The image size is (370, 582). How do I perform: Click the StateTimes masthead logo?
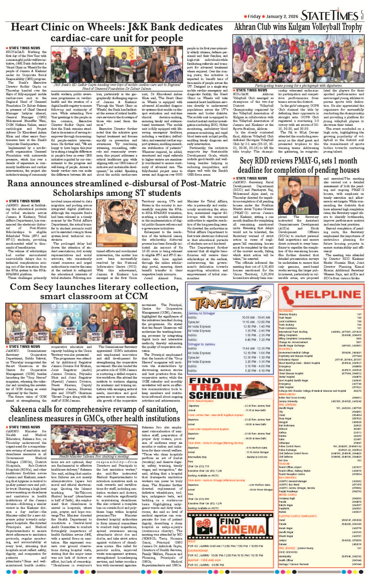[x=330, y=15]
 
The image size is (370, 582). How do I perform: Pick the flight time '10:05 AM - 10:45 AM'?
[x=256, y=317]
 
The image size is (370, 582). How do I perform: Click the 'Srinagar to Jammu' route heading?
[x=201, y=344]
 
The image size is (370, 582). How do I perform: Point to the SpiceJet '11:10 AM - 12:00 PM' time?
[x=256, y=322]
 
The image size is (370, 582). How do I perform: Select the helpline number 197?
[x=359, y=314]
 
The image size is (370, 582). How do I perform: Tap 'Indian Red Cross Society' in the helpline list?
[x=292, y=398]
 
